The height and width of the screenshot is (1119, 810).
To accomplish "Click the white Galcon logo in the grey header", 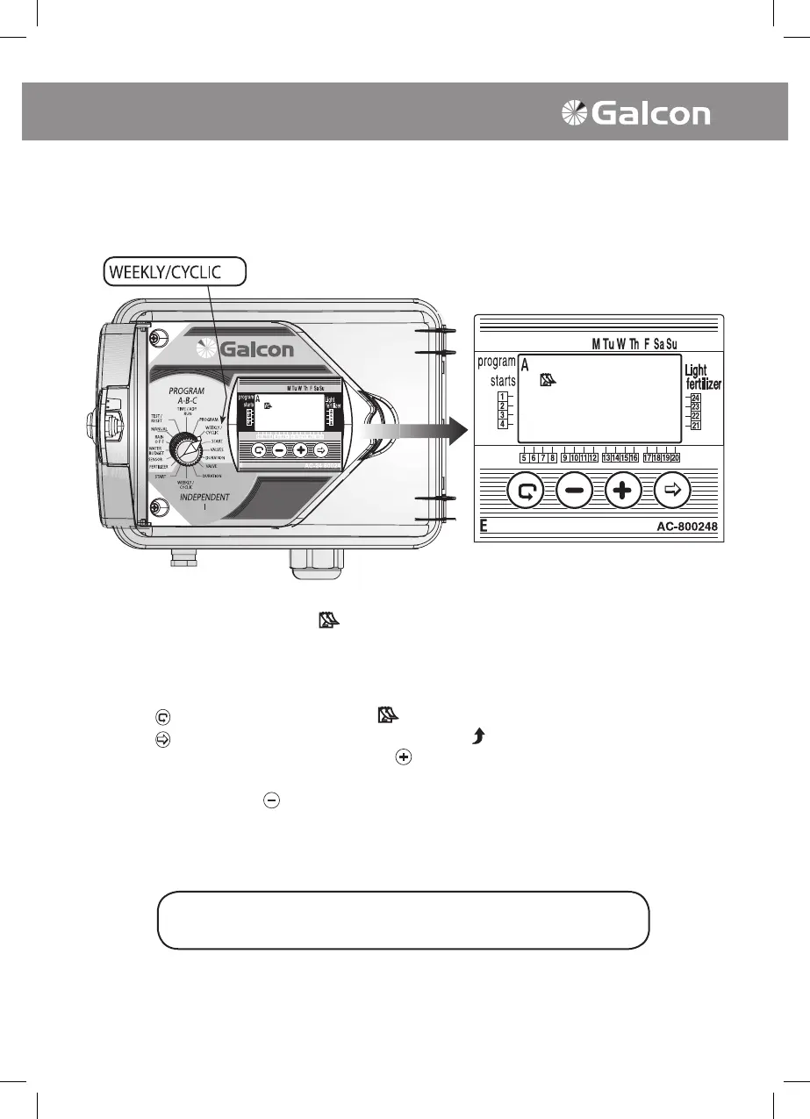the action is (636, 115).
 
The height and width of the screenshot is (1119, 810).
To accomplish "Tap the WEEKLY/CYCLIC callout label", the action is (175, 272).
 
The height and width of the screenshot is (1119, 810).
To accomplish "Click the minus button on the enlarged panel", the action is (573, 492).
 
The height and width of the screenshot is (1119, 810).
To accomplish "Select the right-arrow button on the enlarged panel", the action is (672, 492).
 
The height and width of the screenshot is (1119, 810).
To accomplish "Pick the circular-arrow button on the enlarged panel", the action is (525, 492).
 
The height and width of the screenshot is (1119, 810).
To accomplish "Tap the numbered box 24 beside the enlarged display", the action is (695, 398).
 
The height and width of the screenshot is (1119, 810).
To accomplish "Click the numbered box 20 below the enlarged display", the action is (675, 457).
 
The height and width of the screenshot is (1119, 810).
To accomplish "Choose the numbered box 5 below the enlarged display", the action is (524, 457).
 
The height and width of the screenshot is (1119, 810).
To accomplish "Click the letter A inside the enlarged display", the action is (525, 365).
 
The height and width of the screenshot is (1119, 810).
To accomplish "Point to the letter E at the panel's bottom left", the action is (483, 528).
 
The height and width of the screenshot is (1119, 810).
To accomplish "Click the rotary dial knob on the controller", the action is (186, 448).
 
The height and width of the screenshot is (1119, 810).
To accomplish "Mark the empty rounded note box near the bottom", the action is (403, 921).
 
